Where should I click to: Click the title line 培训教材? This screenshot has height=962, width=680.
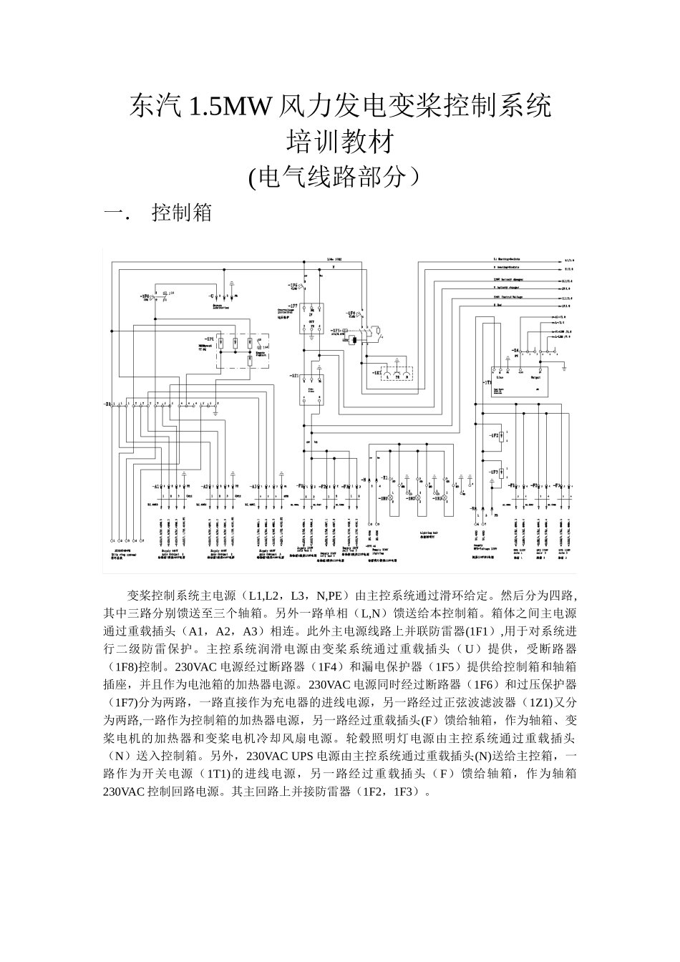(339, 142)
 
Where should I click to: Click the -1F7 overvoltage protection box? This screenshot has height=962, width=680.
(312, 319)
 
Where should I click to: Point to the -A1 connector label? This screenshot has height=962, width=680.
(155, 486)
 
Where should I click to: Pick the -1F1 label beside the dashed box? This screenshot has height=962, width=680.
(209, 336)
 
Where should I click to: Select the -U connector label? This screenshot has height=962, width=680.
(211, 294)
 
